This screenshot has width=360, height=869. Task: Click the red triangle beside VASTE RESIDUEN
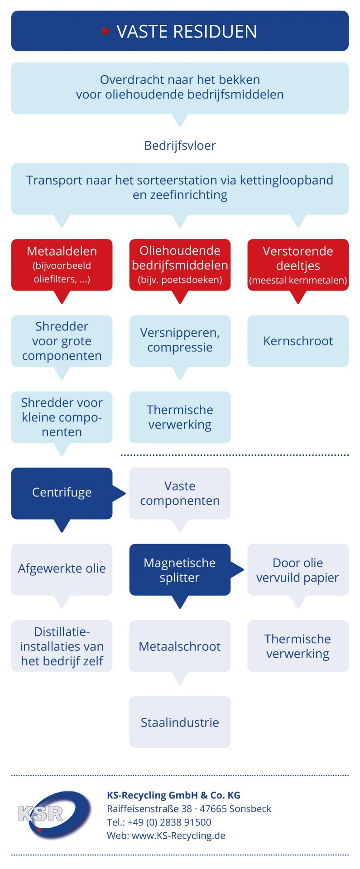(106, 31)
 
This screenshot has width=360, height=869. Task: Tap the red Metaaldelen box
(62, 265)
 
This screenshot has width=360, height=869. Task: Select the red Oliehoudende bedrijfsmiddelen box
(180, 265)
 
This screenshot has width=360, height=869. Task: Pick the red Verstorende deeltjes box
(298, 265)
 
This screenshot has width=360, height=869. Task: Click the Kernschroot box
(298, 341)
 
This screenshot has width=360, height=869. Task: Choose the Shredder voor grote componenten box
(62, 341)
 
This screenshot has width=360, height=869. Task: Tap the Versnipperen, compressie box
(180, 341)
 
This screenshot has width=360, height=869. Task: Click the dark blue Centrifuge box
(62, 493)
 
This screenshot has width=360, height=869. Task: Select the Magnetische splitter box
(180, 569)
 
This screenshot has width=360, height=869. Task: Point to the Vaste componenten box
(180, 493)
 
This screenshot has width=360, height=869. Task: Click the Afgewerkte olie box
(62, 569)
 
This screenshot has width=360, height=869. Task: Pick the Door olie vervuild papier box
(298, 569)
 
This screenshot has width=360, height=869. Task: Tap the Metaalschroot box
(180, 645)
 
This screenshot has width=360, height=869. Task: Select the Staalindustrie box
(180, 722)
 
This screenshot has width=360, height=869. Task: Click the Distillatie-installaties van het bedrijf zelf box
(62, 645)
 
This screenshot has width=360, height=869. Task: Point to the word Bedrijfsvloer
(180, 146)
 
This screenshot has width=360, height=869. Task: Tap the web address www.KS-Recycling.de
(178, 836)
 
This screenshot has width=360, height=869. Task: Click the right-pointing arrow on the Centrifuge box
(119, 493)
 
